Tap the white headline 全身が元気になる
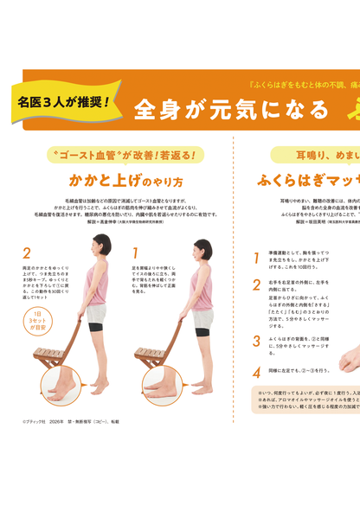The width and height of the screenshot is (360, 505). point(231,110)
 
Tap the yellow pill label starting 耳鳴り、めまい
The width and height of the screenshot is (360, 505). point(316,156)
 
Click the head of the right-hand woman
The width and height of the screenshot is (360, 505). point(202,248)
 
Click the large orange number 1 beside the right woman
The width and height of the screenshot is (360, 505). point(136,253)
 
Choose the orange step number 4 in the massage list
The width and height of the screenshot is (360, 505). point(256,372)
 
